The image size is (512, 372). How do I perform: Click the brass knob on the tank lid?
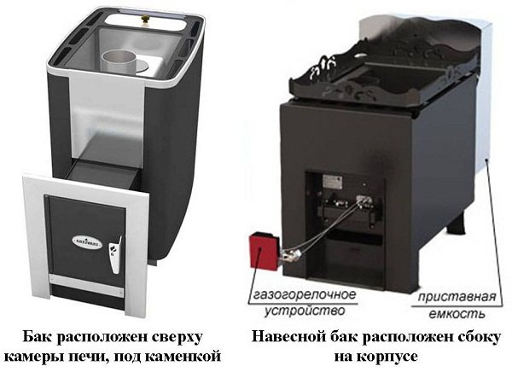click(144, 19)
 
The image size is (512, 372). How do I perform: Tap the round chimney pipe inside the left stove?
click(119, 61)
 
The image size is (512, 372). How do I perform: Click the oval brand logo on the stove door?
click(87, 242)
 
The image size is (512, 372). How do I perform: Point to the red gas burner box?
click(265, 250)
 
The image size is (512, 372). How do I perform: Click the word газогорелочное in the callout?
click(305, 294)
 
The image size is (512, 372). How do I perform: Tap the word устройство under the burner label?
click(305, 310)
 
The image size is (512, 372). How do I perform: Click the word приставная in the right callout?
click(457, 297)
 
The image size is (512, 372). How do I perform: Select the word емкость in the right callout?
click(457, 314)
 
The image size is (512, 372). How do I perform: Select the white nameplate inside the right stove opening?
click(332, 181)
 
